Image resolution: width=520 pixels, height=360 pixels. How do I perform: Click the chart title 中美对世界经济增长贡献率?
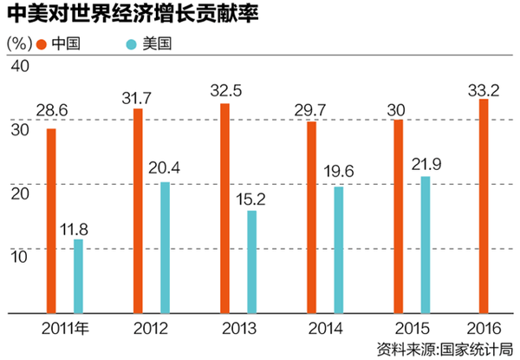104,15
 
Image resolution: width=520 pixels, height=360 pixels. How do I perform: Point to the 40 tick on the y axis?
19,68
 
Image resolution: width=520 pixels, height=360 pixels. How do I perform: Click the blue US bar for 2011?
78,275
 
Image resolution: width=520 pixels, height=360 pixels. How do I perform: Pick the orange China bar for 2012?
138,210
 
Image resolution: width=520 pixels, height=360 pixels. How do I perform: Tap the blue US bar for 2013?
251,260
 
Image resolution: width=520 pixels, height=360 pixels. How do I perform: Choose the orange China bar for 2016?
484,205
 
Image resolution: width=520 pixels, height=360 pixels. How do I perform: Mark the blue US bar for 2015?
425,244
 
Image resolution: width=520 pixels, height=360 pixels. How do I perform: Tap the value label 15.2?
251,199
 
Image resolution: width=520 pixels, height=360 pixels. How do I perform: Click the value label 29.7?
312,108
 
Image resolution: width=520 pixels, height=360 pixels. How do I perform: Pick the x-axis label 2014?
324,329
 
